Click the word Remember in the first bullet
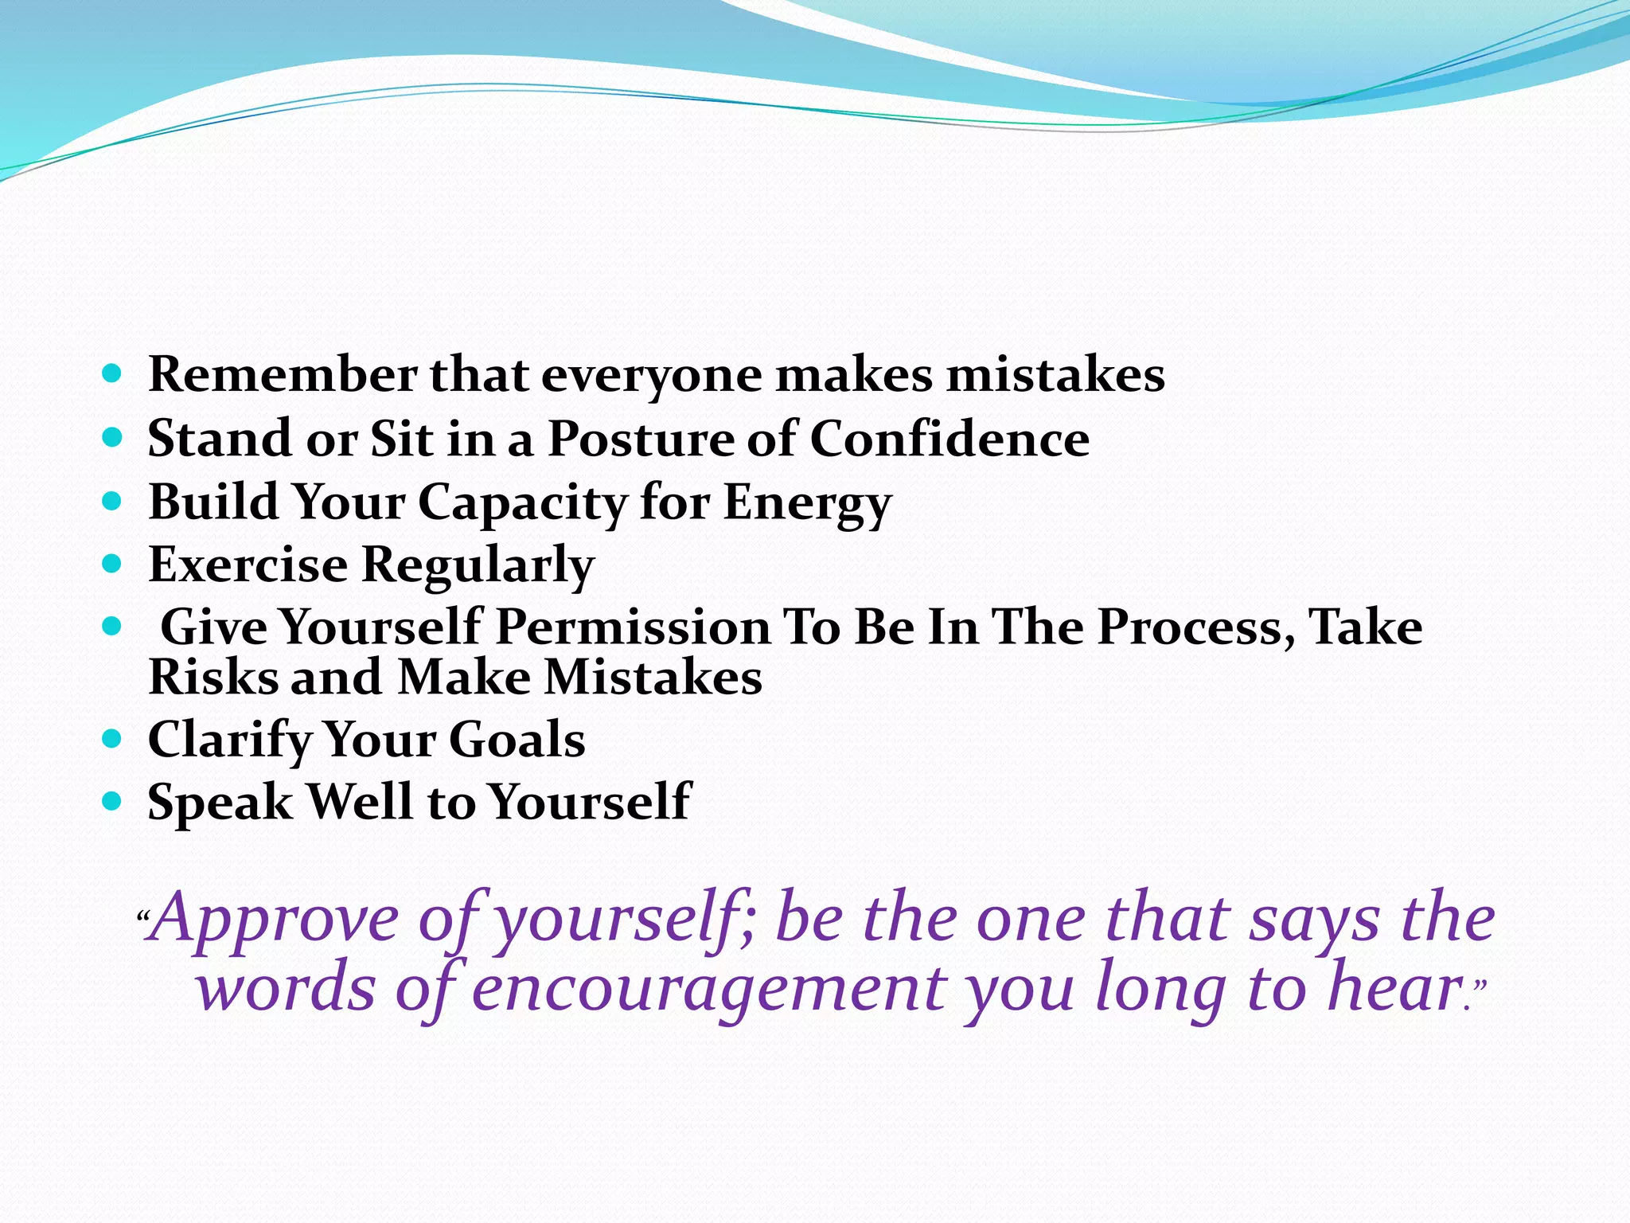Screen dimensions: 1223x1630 pos(283,374)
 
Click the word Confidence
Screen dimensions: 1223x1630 pos(950,439)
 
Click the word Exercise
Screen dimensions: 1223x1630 pos(248,565)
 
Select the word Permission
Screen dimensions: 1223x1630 pos(633,627)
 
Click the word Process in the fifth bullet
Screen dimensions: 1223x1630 pos(1190,627)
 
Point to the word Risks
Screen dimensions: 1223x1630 pos(213,678)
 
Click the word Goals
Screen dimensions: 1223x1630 pos(517,740)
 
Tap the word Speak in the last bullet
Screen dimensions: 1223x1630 pos(220,802)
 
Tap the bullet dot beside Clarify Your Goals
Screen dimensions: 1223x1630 pos(112,739)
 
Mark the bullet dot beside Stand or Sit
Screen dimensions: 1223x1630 pos(112,437)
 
